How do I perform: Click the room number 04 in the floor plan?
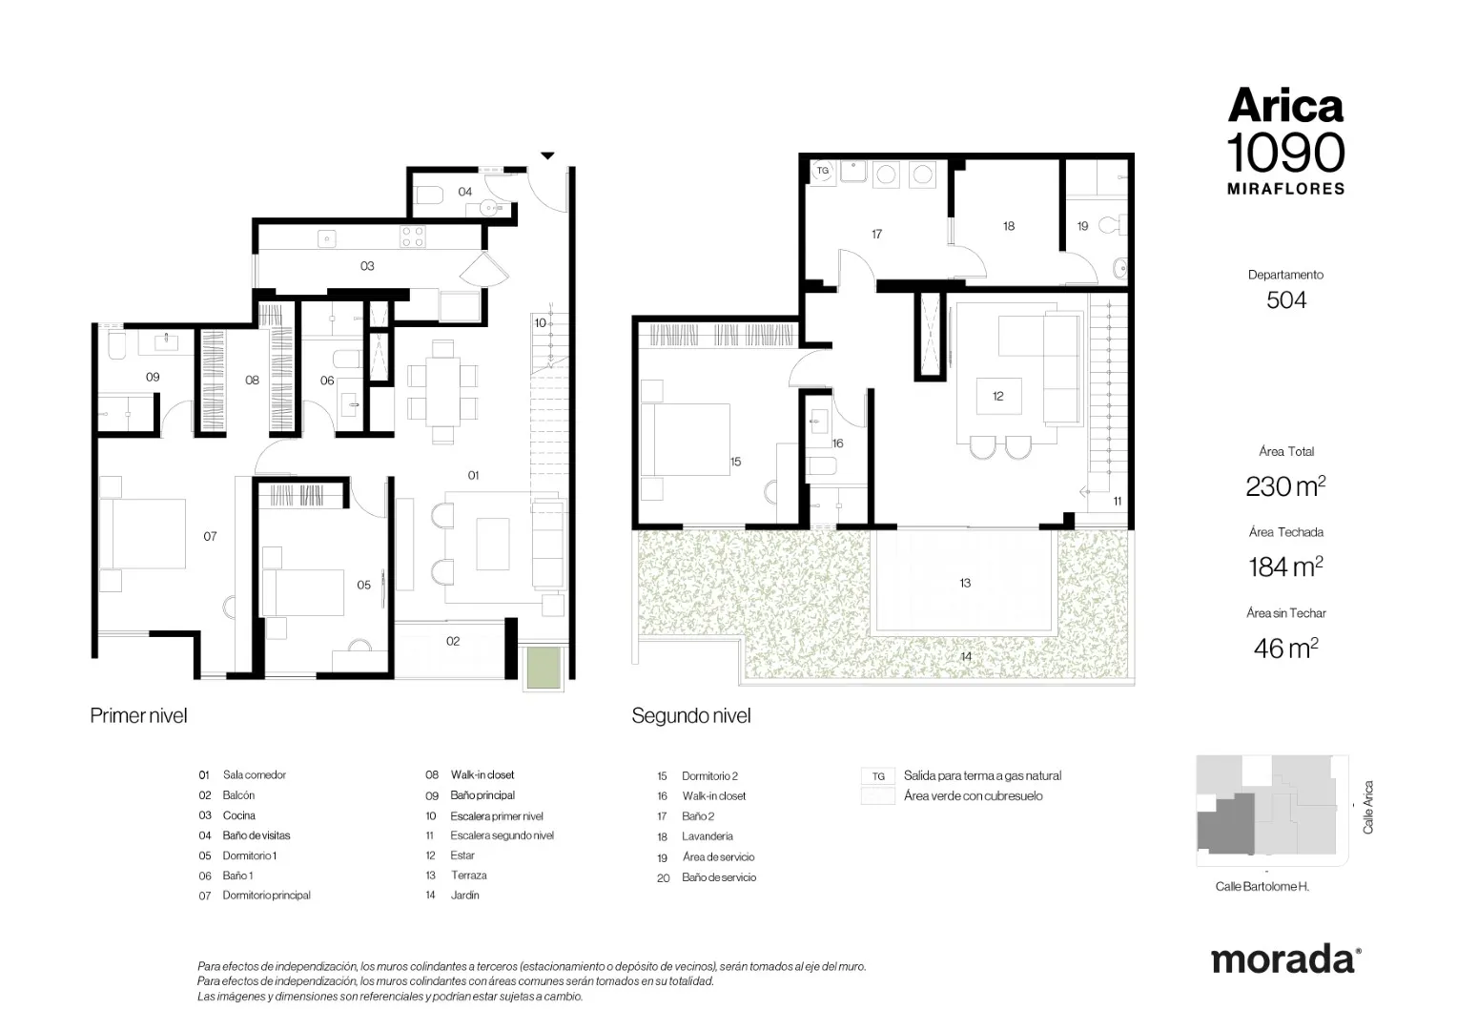(x=464, y=192)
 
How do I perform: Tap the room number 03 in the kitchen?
(x=367, y=265)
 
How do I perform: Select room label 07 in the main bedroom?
(x=210, y=536)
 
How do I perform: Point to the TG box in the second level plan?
(x=823, y=171)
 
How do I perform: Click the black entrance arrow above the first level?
(x=547, y=155)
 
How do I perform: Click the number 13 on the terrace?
(x=965, y=583)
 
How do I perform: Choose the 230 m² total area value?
(x=1285, y=486)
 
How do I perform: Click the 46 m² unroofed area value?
(x=1285, y=649)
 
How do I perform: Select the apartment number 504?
(x=1286, y=300)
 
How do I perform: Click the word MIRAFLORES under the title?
(x=1286, y=189)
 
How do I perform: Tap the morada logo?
(x=1285, y=960)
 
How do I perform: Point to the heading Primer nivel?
(x=138, y=715)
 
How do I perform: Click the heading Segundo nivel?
(x=690, y=715)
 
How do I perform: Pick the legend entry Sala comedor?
(x=255, y=775)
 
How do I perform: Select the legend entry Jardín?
(x=465, y=896)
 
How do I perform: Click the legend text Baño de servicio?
(x=719, y=877)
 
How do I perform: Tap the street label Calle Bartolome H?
(x=1262, y=886)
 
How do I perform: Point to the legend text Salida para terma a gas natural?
(x=982, y=775)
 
